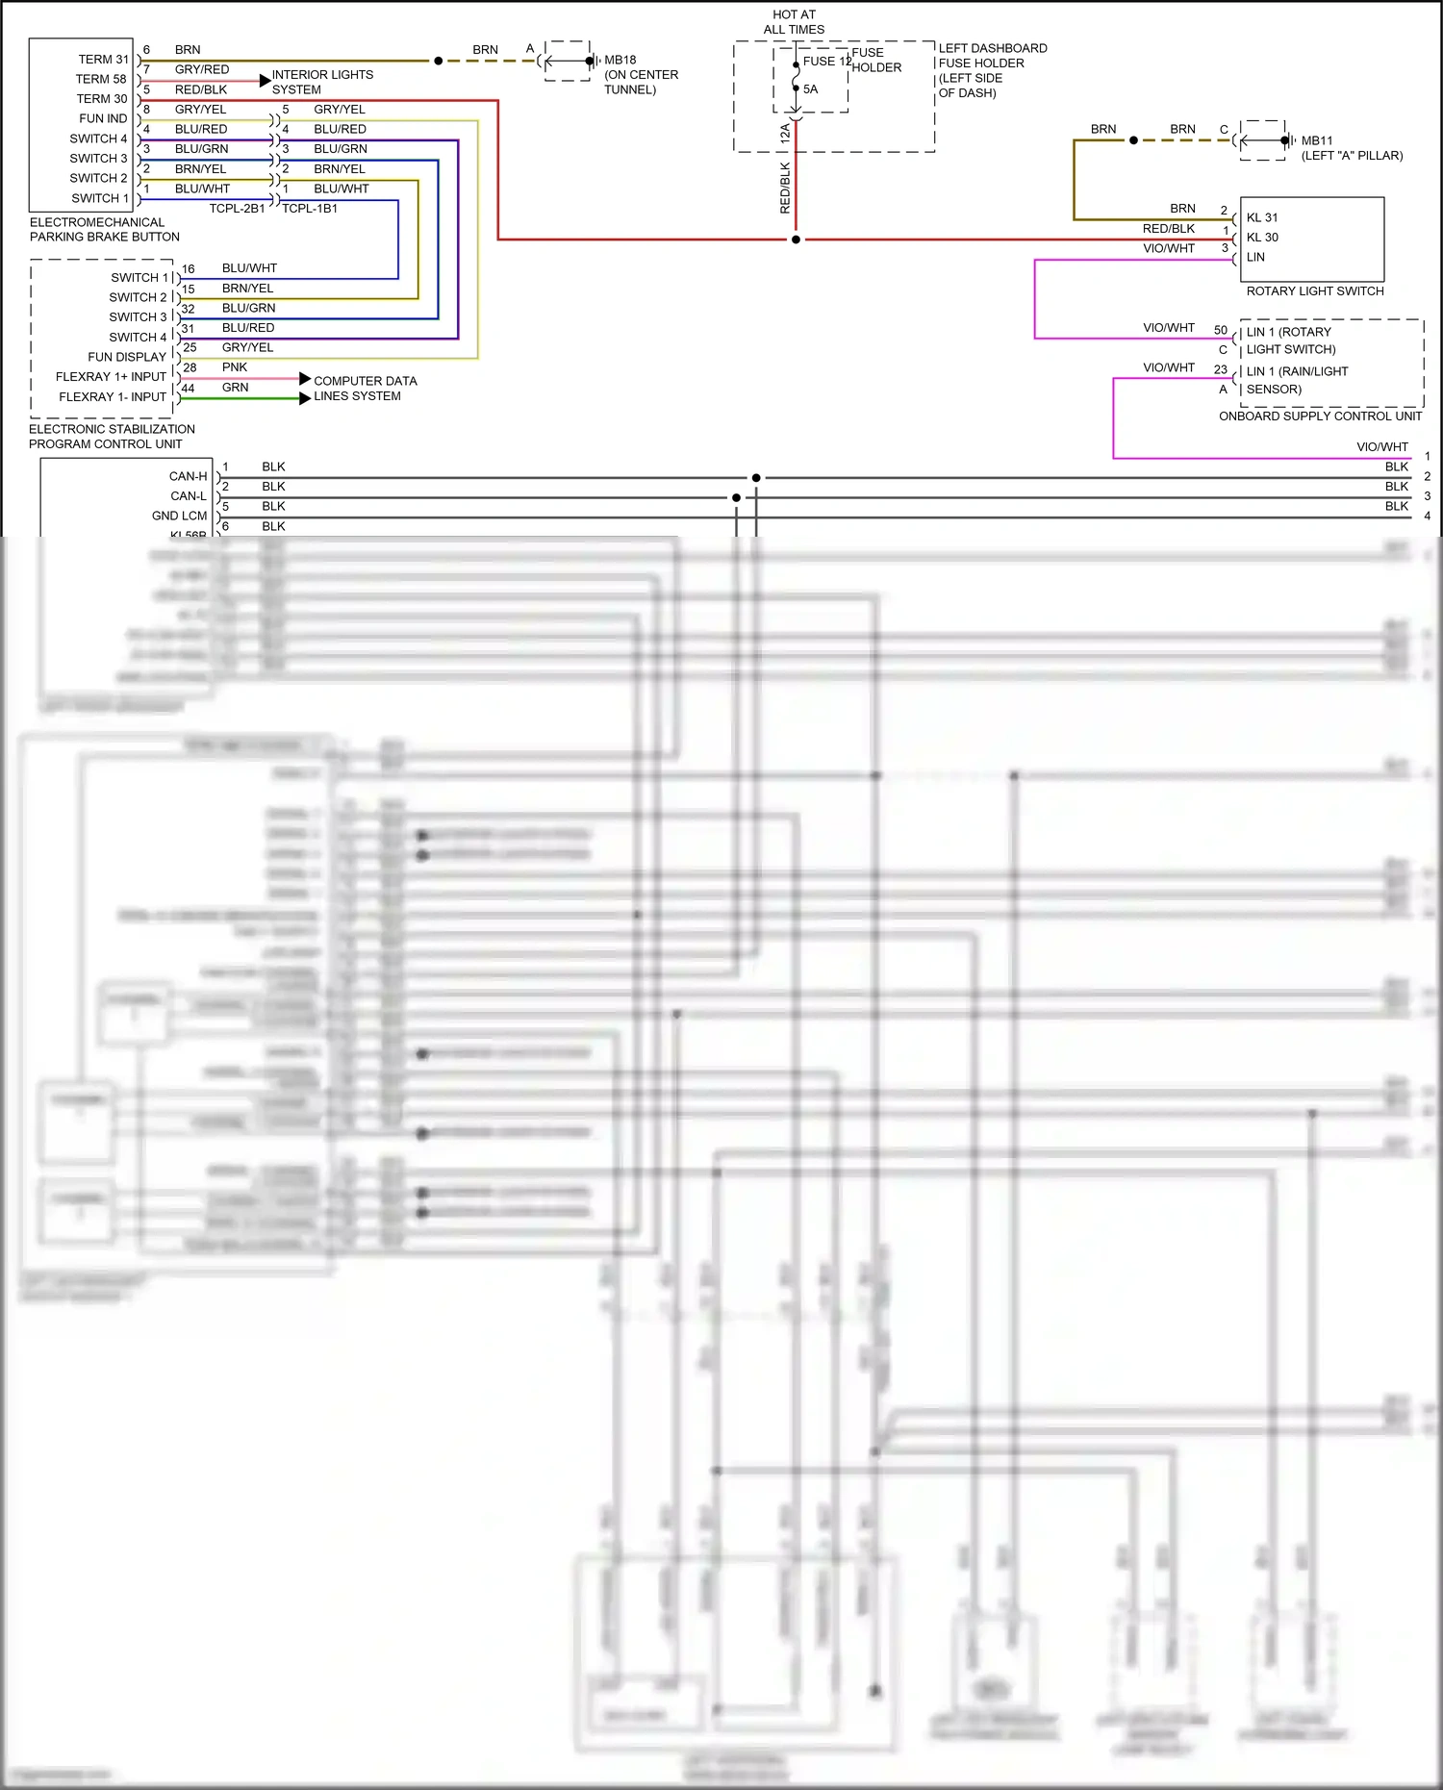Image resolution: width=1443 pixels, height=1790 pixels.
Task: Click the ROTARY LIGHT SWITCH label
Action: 1314,291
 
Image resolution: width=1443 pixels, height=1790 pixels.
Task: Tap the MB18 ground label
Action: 620,60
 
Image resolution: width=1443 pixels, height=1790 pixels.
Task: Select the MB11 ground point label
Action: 1317,140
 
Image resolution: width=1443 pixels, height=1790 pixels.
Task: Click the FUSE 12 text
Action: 826,62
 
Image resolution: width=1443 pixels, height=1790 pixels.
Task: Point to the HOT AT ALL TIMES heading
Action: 794,22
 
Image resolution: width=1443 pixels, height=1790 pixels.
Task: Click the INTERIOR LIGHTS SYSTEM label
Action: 321,82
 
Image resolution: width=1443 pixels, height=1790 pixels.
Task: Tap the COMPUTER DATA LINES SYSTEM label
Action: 365,389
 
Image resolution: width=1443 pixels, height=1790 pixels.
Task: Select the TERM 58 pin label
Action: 101,79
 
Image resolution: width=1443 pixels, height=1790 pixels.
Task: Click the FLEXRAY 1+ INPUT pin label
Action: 111,377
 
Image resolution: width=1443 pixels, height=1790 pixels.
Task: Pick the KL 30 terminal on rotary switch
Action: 1262,238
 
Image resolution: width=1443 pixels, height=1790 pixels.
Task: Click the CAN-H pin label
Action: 188,476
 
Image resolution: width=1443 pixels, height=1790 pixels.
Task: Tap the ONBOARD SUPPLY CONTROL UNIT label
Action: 1320,416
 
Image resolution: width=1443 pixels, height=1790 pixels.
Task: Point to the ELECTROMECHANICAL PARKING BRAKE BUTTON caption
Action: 104,229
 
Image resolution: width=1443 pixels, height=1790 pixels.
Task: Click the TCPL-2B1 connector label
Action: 237,209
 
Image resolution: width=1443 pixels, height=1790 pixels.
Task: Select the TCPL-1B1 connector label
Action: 310,209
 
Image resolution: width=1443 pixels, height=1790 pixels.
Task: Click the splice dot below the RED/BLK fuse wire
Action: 796,240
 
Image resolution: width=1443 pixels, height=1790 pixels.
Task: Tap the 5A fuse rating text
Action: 811,89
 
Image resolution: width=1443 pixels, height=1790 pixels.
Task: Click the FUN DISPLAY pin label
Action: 127,357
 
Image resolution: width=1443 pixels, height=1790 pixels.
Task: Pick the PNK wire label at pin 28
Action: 235,367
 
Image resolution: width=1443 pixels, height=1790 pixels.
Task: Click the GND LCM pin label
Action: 179,517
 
